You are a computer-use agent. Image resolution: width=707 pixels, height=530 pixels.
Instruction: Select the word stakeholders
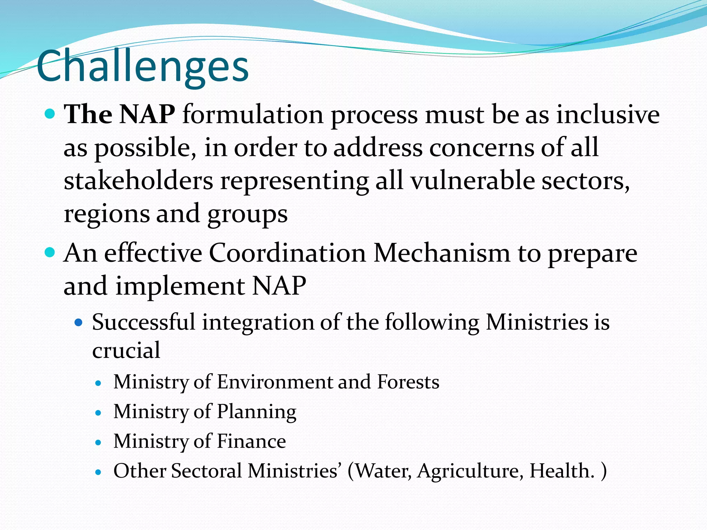[x=138, y=181]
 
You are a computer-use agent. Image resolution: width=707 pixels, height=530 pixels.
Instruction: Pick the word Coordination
[x=287, y=253]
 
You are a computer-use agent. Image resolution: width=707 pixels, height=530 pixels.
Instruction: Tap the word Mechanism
[x=442, y=253]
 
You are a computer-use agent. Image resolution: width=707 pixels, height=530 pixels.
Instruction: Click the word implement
[x=180, y=286]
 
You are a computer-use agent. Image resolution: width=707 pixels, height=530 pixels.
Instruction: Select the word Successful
[x=144, y=322]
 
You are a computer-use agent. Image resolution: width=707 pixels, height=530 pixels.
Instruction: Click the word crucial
[x=126, y=351]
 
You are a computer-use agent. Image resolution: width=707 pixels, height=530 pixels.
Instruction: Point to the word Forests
[x=408, y=382]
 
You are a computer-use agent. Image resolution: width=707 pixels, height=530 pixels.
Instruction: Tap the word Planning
[x=256, y=412]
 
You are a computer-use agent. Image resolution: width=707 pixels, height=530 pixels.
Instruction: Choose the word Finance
[x=251, y=441]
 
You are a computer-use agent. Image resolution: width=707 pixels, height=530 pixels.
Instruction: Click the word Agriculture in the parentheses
[x=469, y=471]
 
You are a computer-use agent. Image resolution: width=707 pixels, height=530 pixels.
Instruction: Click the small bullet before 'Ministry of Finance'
[x=99, y=442]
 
